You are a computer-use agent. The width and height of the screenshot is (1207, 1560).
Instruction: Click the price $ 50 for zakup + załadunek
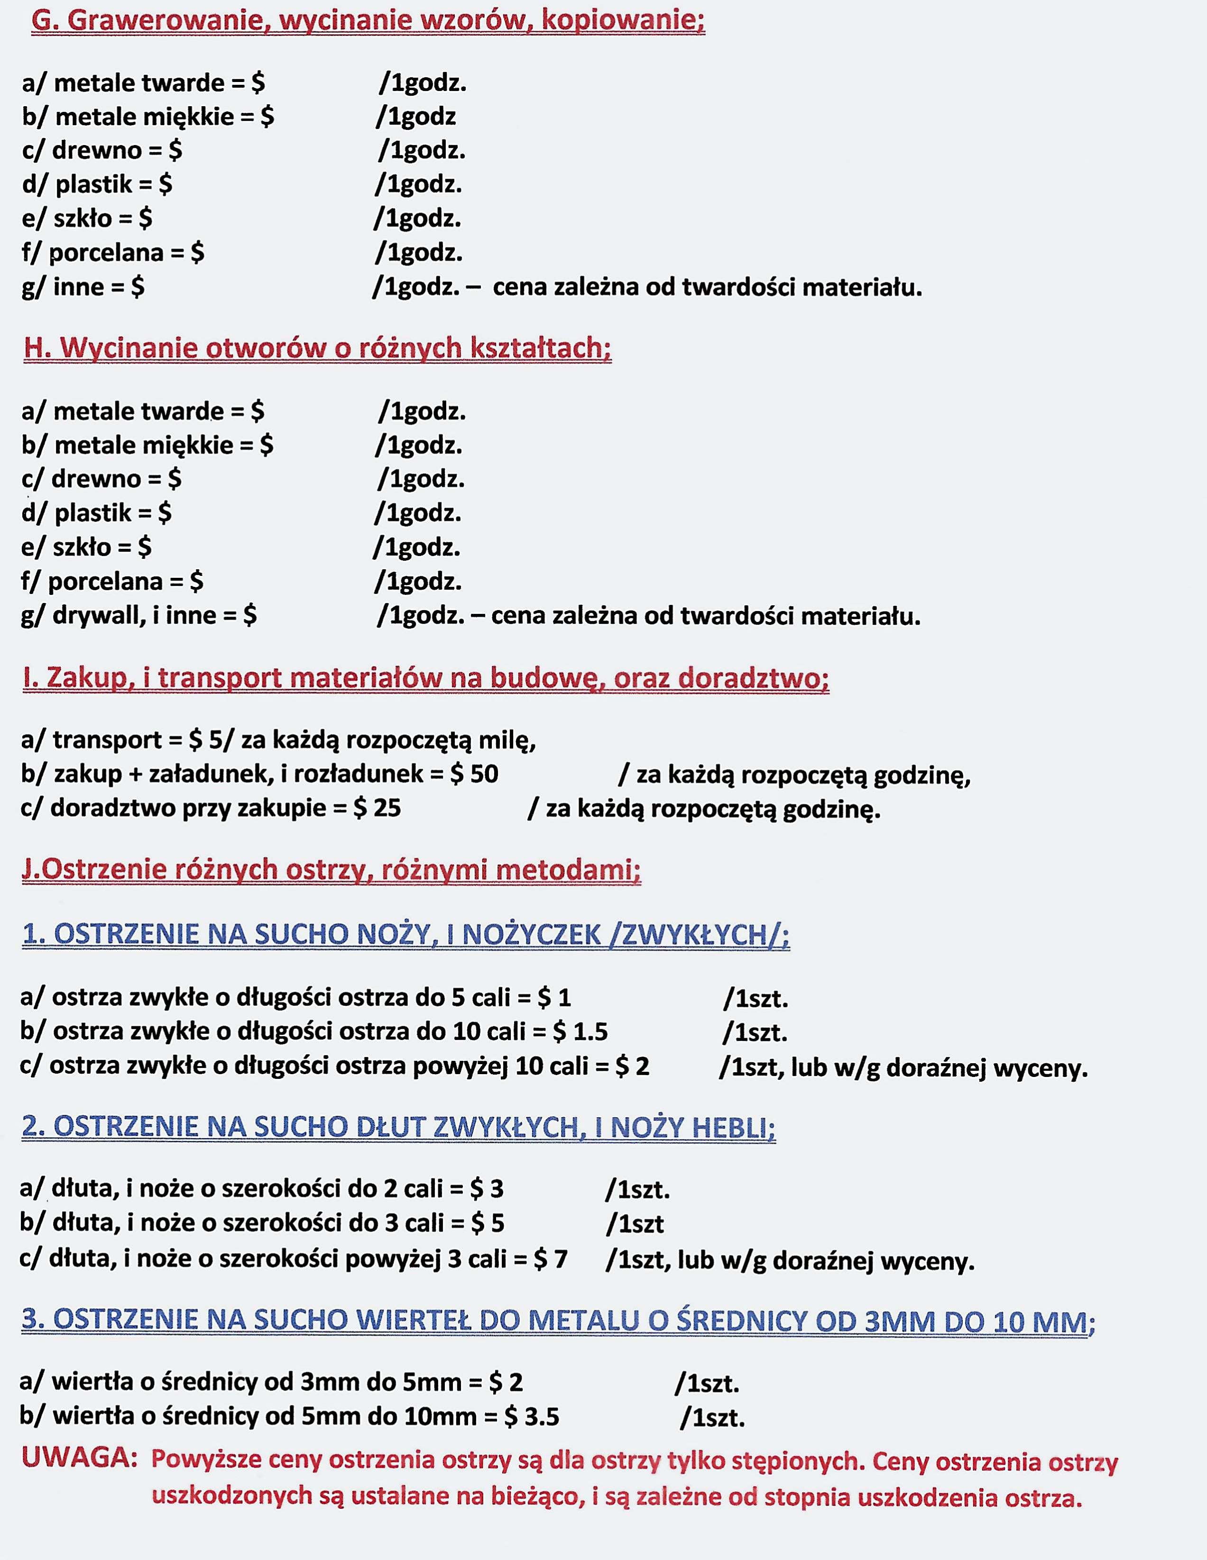click(474, 774)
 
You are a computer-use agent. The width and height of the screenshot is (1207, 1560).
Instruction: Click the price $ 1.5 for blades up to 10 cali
click(580, 1031)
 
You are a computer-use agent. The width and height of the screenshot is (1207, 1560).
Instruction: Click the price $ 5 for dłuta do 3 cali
click(488, 1223)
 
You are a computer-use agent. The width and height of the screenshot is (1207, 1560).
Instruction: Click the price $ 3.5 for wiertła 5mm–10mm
click(532, 1416)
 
